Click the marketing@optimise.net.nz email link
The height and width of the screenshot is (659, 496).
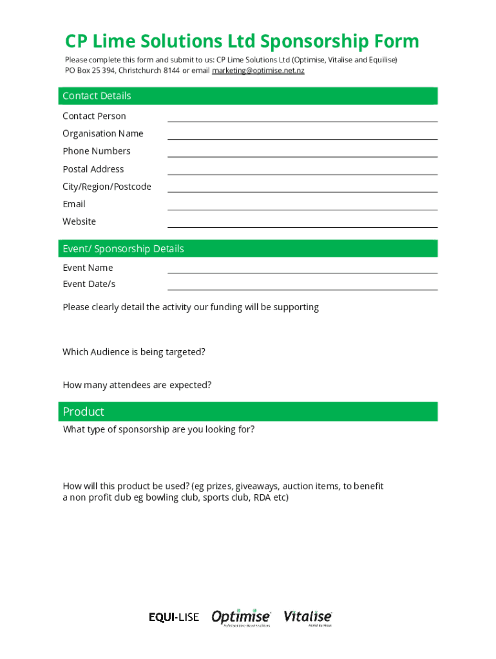pyautogui.click(x=258, y=70)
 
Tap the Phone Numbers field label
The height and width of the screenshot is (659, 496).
pyautogui.click(x=96, y=151)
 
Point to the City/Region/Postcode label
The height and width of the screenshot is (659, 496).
pyautogui.click(x=106, y=187)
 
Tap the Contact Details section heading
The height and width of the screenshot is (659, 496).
pyautogui.click(x=97, y=96)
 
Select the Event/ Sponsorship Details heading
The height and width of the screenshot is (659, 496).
pyautogui.click(x=123, y=248)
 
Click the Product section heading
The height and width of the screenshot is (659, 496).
pyautogui.click(x=83, y=412)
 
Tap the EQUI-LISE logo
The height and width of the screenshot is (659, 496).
pyautogui.click(x=174, y=618)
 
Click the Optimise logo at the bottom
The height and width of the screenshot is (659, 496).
pyautogui.click(x=241, y=617)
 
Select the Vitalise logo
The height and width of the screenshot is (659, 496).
pyautogui.click(x=308, y=617)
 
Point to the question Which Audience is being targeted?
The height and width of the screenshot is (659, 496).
pyautogui.click(x=134, y=352)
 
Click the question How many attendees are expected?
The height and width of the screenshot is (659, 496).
pyautogui.click(x=137, y=385)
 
